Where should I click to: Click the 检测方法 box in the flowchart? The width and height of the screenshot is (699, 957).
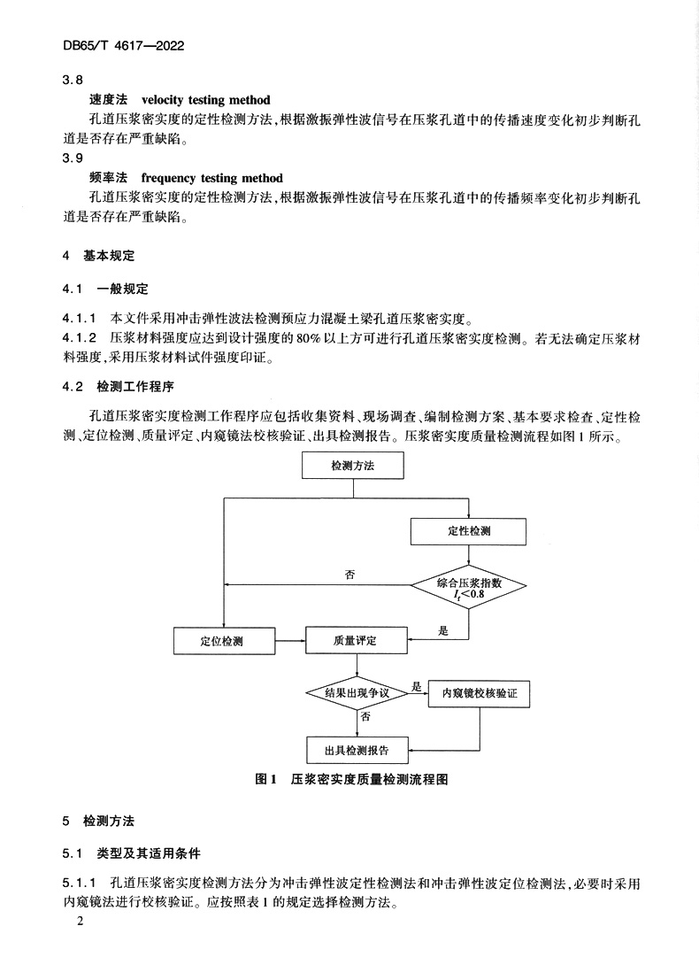353,466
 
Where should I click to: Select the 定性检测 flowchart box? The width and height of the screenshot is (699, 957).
469,531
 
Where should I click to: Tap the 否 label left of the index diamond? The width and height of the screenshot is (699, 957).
349,575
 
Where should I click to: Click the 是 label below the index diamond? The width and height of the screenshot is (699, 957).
444,630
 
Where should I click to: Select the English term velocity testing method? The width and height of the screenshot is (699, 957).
205,100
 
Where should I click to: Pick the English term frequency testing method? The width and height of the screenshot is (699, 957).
211,178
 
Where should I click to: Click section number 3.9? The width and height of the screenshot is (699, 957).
72,158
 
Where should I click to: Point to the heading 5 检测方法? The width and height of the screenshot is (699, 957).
98,822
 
